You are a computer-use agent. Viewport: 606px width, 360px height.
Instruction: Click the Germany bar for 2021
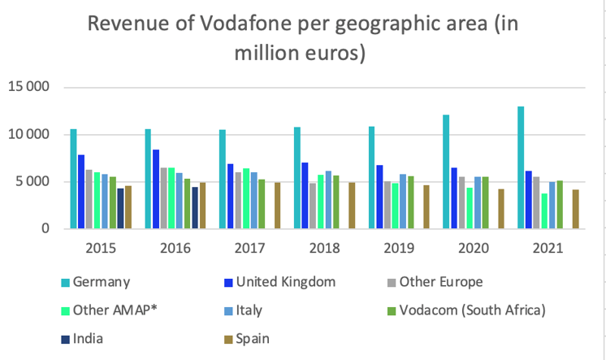521,167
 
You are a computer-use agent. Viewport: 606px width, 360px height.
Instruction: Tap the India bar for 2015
120,209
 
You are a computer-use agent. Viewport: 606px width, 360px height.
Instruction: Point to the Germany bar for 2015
73,179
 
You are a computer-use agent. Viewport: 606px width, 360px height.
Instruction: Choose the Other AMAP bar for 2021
544,211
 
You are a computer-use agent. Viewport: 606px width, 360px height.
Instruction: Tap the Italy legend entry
250,310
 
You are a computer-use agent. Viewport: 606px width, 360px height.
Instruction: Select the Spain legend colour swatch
227,337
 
